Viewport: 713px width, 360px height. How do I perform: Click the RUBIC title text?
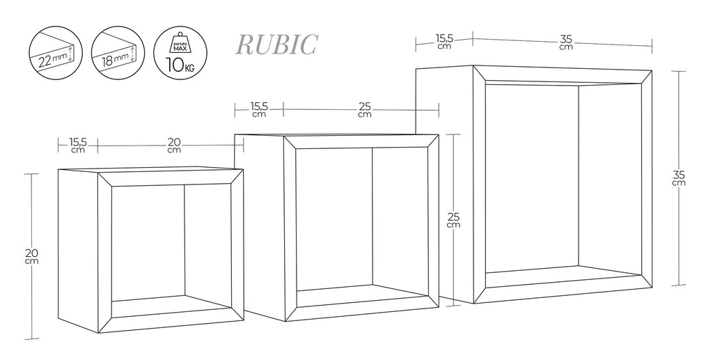point(277,45)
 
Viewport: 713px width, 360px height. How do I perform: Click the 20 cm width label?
point(174,146)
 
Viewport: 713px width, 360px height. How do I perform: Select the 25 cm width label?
point(364,110)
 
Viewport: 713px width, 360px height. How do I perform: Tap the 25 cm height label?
point(453,220)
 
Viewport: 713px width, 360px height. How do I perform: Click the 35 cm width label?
point(565,43)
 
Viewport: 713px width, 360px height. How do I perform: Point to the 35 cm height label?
point(679,178)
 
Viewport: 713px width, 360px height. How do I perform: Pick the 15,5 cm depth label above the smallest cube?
point(77,146)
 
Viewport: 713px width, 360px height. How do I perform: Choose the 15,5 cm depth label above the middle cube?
point(258,110)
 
